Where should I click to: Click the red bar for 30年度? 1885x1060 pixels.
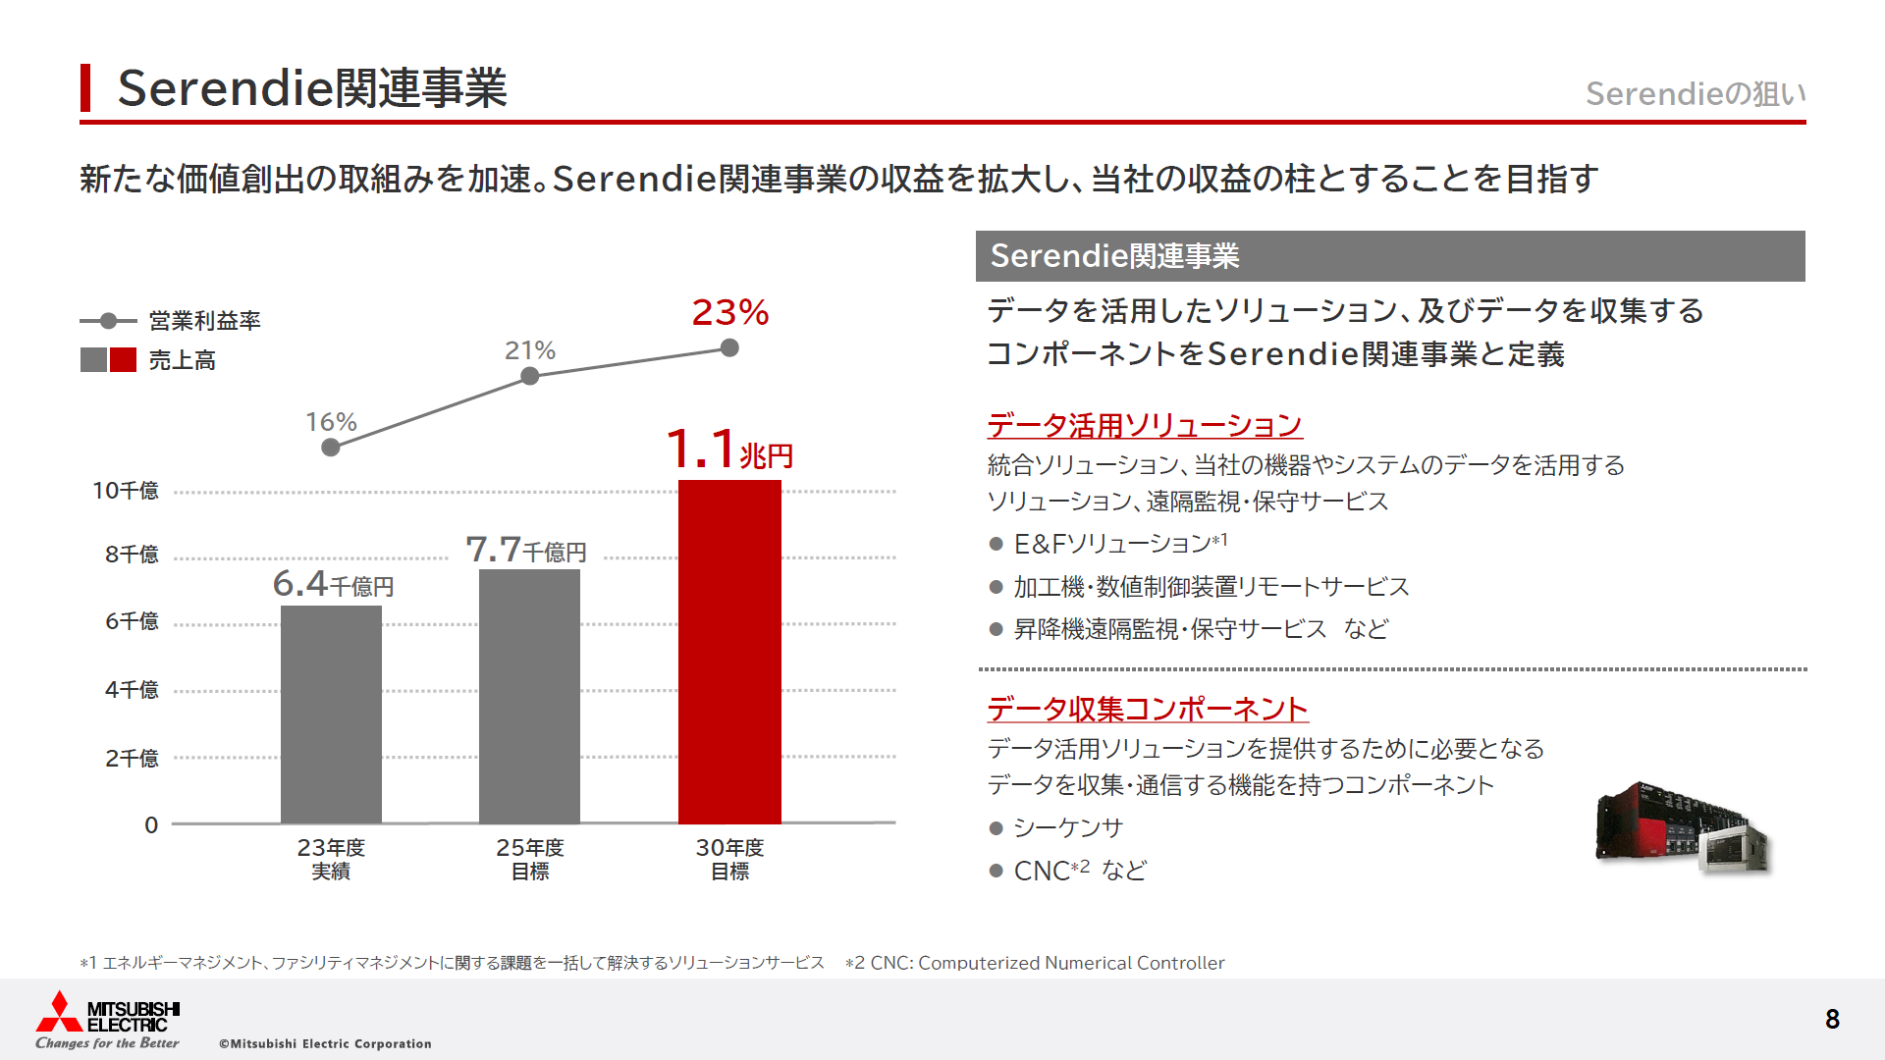pyautogui.click(x=729, y=652)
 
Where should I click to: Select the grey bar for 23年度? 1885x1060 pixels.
pyautogui.click(x=331, y=715)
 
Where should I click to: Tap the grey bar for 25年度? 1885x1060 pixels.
pyautogui.click(x=529, y=697)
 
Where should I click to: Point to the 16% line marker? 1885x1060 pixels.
pyautogui.click(x=331, y=448)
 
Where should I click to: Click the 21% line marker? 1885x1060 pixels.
pyautogui.click(x=529, y=376)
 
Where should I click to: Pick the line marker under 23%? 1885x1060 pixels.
pyautogui.click(x=729, y=347)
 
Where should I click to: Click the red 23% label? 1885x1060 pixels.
pyautogui.click(x=729, y=313)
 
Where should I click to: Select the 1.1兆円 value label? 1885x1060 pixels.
pyautogui.click(x=728, y=450)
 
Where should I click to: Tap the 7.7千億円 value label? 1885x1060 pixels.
pyautogui.click(x=526, y=550)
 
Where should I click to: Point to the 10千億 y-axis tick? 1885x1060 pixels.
pyautogui.click(x=126, y=491)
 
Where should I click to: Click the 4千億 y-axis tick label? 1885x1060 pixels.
pyautogui.click(x=132, y=690)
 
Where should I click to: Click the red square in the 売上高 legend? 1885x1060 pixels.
pyautogui.click(x=124, y=360)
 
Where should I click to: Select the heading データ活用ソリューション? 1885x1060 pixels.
pyautogui.click(x=1144, y=426)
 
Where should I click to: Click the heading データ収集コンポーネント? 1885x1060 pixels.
pyautogui.click(x=1147, y=709)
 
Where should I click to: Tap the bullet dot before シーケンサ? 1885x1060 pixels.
pyautogui.click(x=996, y=828)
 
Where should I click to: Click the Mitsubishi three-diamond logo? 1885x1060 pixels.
pyautogui.click(x=59, y=1012)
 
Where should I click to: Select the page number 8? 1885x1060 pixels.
pyautogui.click(x=1832, y=1019)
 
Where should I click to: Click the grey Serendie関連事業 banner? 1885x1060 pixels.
pyautogui.click(x=1389, y=256)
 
